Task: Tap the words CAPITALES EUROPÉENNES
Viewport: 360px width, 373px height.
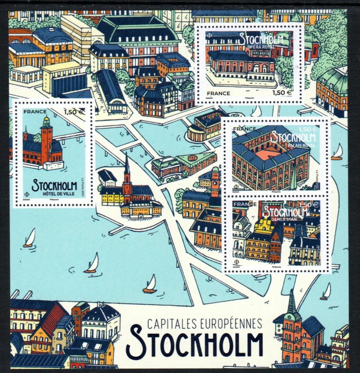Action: pos(204,324)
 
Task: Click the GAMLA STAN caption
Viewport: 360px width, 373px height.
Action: pos(284,219)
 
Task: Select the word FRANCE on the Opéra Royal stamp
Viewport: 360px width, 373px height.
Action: pos(217,93)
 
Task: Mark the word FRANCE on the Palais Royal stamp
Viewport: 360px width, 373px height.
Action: pos(245,129)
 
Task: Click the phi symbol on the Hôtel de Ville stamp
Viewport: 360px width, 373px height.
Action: pos(25,194)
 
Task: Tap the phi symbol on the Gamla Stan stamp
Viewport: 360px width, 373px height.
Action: pos(236,262)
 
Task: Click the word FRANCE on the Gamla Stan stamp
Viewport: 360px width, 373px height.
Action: pos(245,204)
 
